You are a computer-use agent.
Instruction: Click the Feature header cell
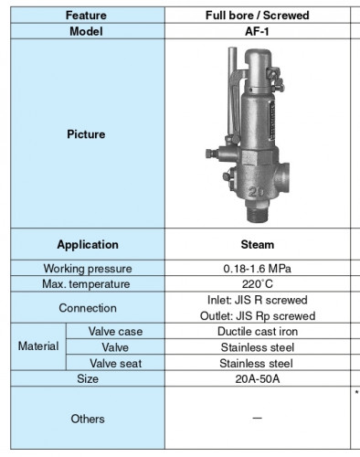[x=86, y=16]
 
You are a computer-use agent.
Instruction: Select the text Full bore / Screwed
[x=257, y=16]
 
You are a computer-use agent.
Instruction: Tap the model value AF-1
[x=257, y=30]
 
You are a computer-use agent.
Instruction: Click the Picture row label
[x=86, y=134]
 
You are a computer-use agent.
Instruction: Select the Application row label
[x=88, y=245]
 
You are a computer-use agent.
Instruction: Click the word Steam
[x=257, y=245]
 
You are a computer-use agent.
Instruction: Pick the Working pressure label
[x=88, y=269]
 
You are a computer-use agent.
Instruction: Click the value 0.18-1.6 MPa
[x=257, y=269]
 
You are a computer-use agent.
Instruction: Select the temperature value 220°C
[x=257, y=284]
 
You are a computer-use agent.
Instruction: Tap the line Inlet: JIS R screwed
[x=257, y=300]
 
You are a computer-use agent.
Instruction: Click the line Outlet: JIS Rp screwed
[x=257, y=315]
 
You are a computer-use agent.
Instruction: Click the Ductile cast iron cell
[x=257, y=332]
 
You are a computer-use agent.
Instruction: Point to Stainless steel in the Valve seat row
[x=257, y=363]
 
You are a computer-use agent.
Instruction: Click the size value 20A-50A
[x=257, y=378]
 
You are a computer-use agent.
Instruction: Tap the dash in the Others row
[x=257, y=419]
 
